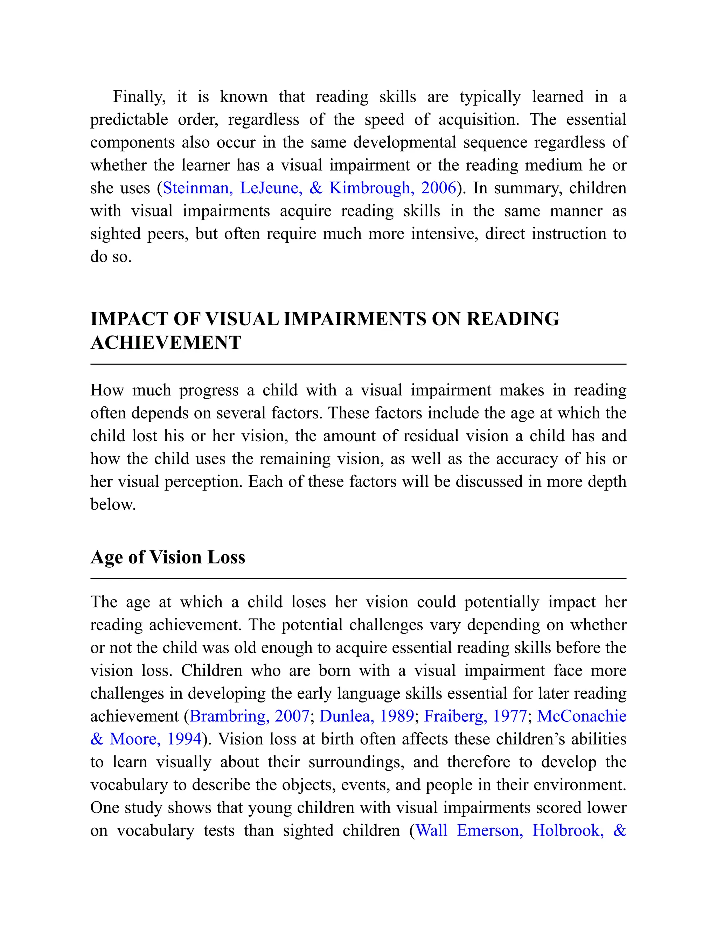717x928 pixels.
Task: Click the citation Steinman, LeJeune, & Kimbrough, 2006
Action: click(309, 188)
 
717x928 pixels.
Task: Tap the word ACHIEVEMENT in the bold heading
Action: click(166, 342)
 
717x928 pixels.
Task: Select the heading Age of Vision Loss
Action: click(168, 557)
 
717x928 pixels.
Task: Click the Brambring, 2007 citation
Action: click(249, 716)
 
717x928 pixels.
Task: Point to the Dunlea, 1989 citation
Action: click(367, 716)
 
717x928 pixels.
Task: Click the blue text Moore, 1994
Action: click(155, 739)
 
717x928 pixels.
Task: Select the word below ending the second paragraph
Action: click(113, 504)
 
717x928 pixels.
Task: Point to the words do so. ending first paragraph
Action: click(111, 257)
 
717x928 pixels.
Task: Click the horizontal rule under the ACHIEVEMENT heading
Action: click(358, 364)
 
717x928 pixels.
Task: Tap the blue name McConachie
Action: click(582, 716)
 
